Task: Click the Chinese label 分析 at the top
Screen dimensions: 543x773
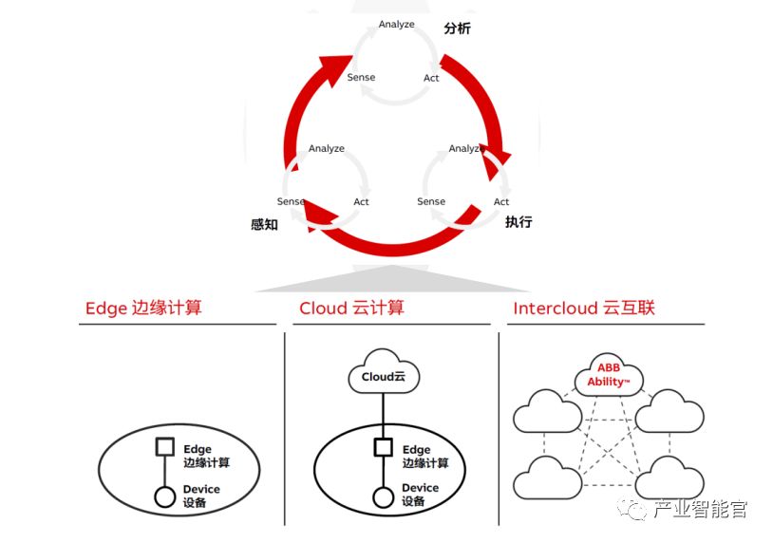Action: point(457,28)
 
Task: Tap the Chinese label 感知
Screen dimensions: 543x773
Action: point(264,225)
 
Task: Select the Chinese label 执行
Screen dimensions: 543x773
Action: point(518,222)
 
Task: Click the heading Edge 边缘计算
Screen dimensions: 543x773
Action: point(143,308)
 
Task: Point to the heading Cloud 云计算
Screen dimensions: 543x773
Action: point(351,308)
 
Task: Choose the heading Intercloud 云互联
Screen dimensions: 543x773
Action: point(584,308)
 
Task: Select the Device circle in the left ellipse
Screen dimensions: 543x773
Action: point(164,496)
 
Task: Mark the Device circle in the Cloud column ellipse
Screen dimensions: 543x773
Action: point(384,496)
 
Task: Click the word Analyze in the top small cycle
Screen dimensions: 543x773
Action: point(397,24)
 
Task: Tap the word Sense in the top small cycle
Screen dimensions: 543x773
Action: point(361,77)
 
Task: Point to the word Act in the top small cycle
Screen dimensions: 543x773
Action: point(432,78)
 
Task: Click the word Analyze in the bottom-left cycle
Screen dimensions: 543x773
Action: point(327,149)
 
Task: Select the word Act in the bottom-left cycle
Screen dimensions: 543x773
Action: point(362,201)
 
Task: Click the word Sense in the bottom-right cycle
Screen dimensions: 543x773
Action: point(431,201)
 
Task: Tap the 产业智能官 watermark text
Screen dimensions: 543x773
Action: point(701,510)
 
